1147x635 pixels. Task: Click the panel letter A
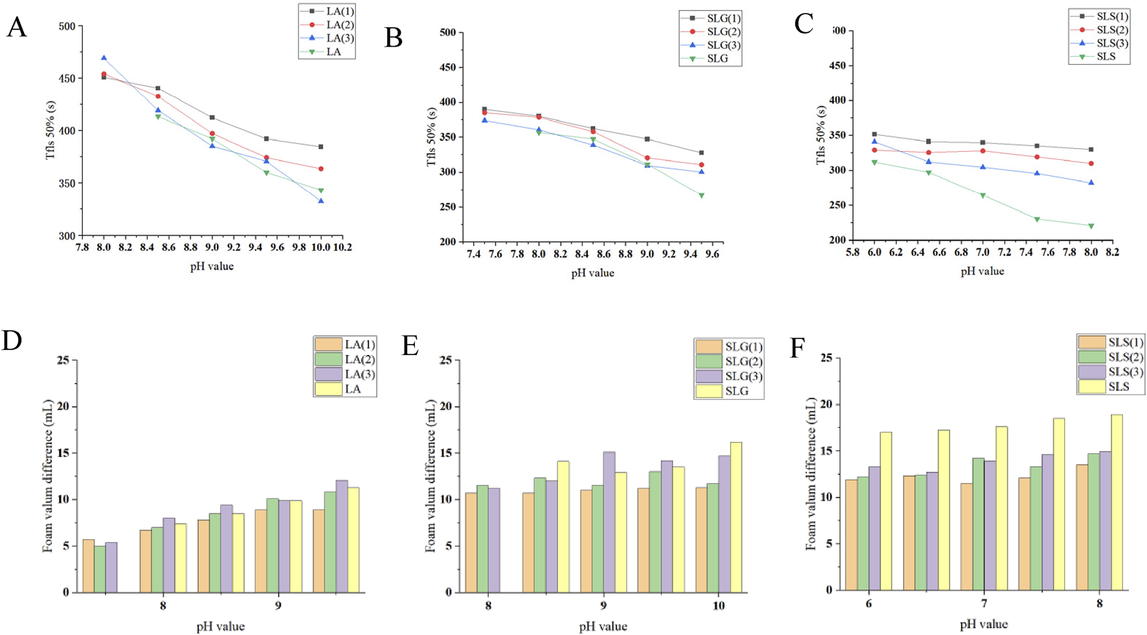[17, 28]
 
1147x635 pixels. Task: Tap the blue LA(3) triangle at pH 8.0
[104, 58]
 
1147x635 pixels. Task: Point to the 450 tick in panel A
[67, 79]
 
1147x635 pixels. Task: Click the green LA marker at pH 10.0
[321, 191]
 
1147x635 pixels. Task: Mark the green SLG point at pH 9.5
[701, 195]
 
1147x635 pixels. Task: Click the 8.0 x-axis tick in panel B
[538, 255]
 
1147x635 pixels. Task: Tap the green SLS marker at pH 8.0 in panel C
[1091, 226]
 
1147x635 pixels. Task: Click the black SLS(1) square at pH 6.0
[874, 135]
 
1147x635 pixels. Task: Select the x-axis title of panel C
[982, 272]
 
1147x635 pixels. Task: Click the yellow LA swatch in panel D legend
[328, 389]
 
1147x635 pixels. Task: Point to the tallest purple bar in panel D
[341, 536]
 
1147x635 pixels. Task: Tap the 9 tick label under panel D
[278, 607]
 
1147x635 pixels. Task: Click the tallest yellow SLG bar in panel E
[736, 517]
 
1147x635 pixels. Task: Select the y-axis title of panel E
[430, 475]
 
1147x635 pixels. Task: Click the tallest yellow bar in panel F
[1116, 502]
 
